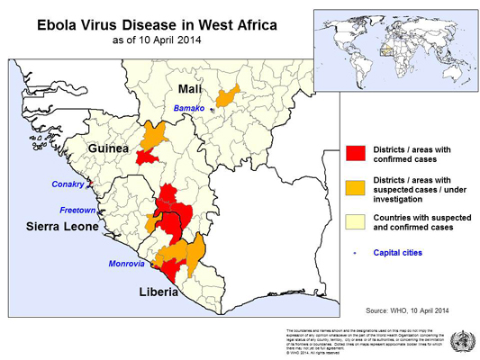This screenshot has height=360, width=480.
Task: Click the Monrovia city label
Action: pos(122,263)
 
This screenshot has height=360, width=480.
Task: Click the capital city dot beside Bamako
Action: pos(212,110)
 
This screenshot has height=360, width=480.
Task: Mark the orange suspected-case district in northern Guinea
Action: pos(158,135)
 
